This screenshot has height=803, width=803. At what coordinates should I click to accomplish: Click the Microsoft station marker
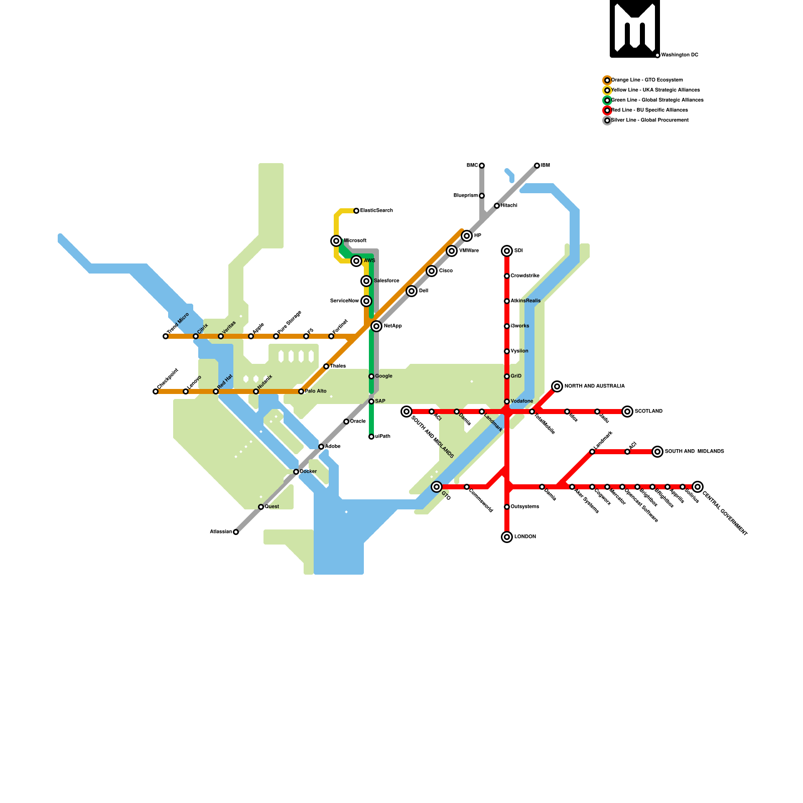(336, 241)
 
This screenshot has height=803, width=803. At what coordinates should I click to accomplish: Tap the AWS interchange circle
(356, 261)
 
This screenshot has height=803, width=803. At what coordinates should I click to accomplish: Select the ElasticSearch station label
(376, 211)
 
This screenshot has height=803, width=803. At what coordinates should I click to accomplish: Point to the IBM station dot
(537, 166)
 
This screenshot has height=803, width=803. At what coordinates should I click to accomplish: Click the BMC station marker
(482, 166)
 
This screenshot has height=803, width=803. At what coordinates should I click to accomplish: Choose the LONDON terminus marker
(507, 537)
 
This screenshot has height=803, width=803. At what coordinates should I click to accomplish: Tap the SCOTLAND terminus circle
(627, 412)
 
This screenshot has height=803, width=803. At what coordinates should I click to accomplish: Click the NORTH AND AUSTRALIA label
(594, 386)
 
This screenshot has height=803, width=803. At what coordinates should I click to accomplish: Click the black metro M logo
(635, 28)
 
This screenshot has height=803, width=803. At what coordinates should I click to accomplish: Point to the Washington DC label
(680, 55)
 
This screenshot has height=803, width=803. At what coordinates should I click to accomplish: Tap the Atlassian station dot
(236, 532)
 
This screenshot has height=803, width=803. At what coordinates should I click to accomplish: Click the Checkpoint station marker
(156, 391)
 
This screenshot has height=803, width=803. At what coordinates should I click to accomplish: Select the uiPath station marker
(371, 437)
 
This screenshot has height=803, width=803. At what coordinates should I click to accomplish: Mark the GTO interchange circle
(437, 487)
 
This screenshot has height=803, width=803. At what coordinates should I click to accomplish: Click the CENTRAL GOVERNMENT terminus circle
(698, 487)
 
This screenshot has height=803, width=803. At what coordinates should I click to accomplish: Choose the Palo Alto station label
(316, 391)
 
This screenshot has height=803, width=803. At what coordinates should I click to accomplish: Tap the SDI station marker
(507, 251)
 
